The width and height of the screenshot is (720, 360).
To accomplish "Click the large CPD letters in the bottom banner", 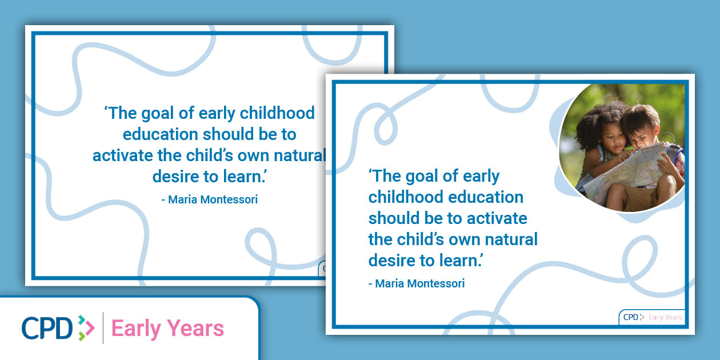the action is click(47, 328).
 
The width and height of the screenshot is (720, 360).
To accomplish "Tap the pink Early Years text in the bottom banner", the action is click(167, 329).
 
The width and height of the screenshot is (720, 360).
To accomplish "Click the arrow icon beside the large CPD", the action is click(86, 328).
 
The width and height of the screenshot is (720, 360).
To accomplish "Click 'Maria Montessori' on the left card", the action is click(213, 199).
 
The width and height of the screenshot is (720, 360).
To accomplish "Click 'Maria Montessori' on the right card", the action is click(420, 283).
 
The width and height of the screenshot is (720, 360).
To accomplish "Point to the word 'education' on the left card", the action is click(160, 134).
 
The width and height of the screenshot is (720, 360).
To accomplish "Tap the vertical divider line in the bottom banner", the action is click(103, 328).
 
